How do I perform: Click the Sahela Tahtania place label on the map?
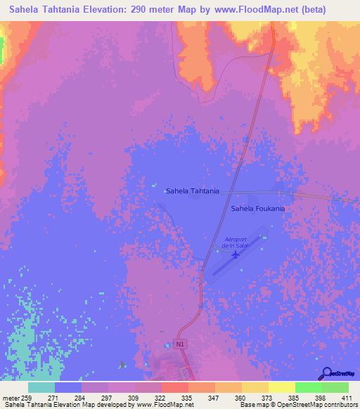click(192, 190)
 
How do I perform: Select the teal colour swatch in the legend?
click(41, 387)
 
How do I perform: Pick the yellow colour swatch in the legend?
click(281, 387)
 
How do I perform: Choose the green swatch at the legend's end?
click(335, 387)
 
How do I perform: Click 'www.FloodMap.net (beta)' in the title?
click(270, 11)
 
